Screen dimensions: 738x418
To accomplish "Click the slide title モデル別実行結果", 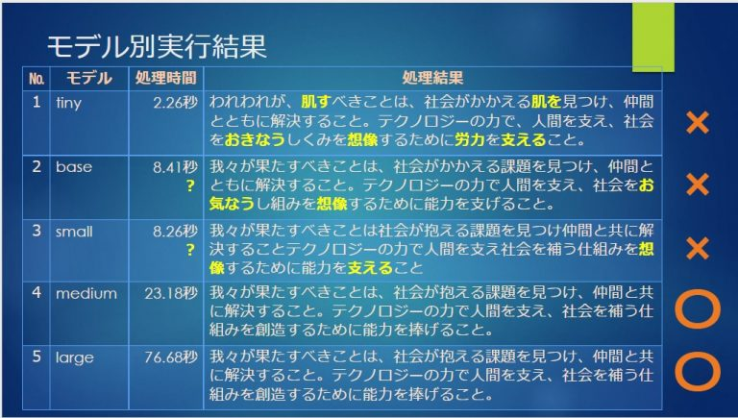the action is pos(157,46).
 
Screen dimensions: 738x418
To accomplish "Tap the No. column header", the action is pos(37,79).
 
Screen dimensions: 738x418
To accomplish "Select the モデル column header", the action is pos(89,78).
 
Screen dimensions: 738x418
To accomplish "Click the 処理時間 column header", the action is pos(165,78).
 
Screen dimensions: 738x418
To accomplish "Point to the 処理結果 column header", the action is pos(432,78).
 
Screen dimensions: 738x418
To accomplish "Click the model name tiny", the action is pos(69,103).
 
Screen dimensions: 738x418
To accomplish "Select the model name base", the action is pos(74,166).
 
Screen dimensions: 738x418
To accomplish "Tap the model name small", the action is pos(74,232).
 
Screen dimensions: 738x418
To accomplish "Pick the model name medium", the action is pos(86,293).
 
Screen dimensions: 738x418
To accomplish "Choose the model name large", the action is pos(75,357).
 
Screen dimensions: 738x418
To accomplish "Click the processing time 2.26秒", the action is pos(175,103).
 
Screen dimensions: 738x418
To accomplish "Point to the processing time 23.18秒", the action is pos(171,293).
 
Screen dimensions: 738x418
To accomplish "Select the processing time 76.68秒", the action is pos(171,357).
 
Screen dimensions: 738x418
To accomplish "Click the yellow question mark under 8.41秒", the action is pos(190,185).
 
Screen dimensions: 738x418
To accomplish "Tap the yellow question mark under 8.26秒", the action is pos(190,250).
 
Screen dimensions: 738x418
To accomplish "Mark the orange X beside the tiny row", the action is pos(698,123).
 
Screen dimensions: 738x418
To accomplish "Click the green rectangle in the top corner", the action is pos(652,37).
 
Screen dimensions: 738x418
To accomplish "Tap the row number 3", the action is pos(37,232).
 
